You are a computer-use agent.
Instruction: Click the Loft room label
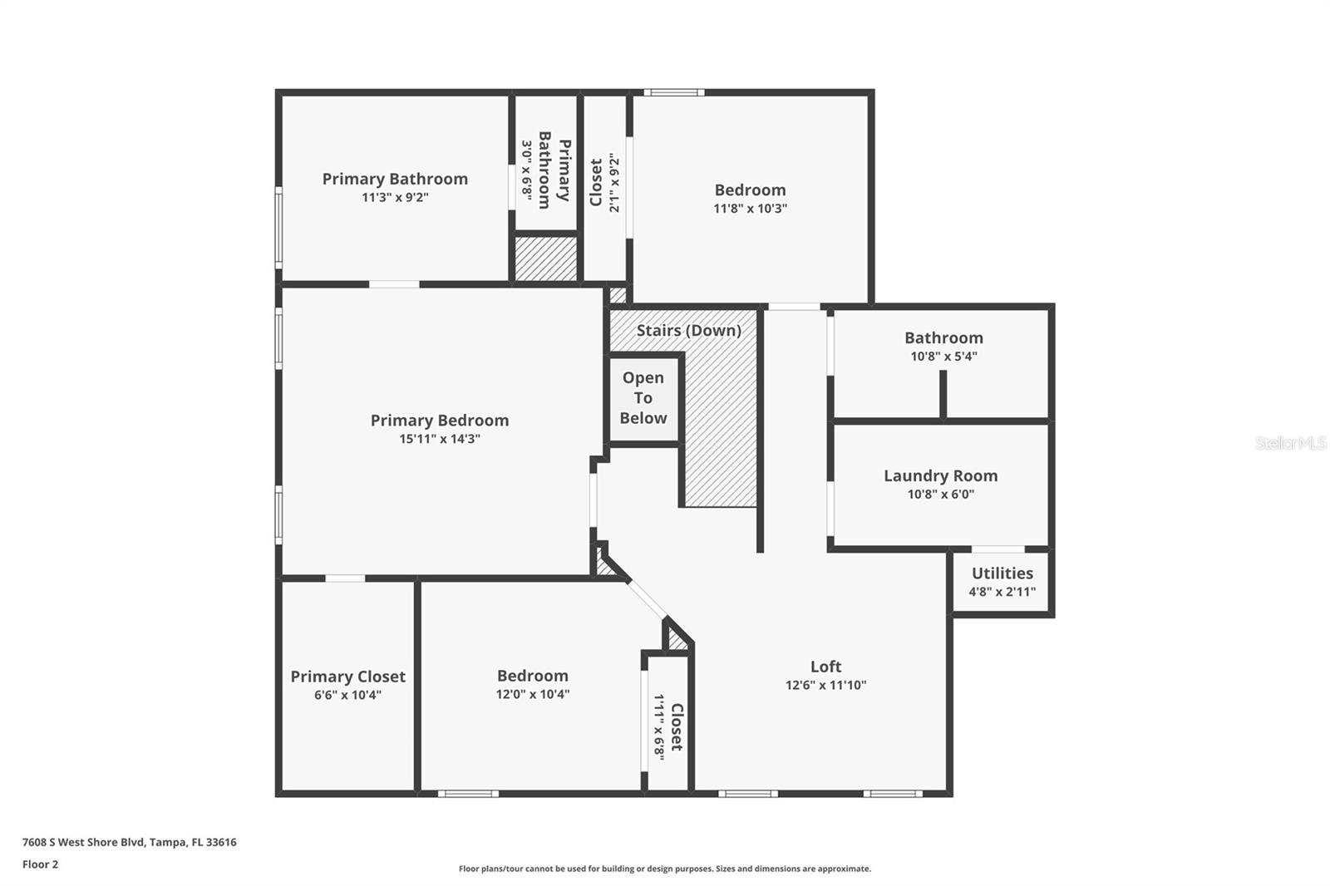pyautogui.click(x=825, y=667)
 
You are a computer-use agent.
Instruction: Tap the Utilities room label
pyautogui.click(x=1002, y=573)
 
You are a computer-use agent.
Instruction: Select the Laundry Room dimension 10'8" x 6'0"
pyautogui.click(x=940, y=494)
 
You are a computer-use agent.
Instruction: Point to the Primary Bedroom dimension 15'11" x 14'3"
pyautogui.click(x=440, y=439)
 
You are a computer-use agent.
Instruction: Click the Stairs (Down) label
pyautogui.click(x=689, y=330)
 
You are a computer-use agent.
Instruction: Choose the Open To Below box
pyautogui.click(x=643, y=398)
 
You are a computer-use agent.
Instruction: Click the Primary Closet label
pyautogui.click(x=348, y=677)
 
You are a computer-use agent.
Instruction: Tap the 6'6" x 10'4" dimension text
pyautogui.click(x=348, y=695)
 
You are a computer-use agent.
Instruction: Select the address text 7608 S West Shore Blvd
pyautogui.click(x=83, y=842)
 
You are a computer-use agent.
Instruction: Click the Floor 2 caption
pyautogui.click(x=41, y=864)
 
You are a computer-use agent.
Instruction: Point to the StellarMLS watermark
pyautogui.click(x=1291, y=442)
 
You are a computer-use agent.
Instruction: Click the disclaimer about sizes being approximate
pyautogui.click(x=665, y=869)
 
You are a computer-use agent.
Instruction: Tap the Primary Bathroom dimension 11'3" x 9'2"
pyautogui.click(x=395, y=197)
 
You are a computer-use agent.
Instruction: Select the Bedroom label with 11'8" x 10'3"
pyautogui.click(x=750, y=190)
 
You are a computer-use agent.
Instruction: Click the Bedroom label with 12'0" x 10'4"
pyautogui.click(x=533, y=676)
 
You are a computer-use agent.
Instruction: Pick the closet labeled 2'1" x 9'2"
pyautogui.click(x=605, y=188)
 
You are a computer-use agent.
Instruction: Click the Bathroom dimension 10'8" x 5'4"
pyautogui.click(x=943, y=357)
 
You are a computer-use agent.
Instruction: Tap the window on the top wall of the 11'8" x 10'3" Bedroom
pyautogui.click(x=674, y=92)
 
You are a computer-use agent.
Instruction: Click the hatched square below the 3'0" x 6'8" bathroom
pyautogui.click(x=545, y=258)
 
